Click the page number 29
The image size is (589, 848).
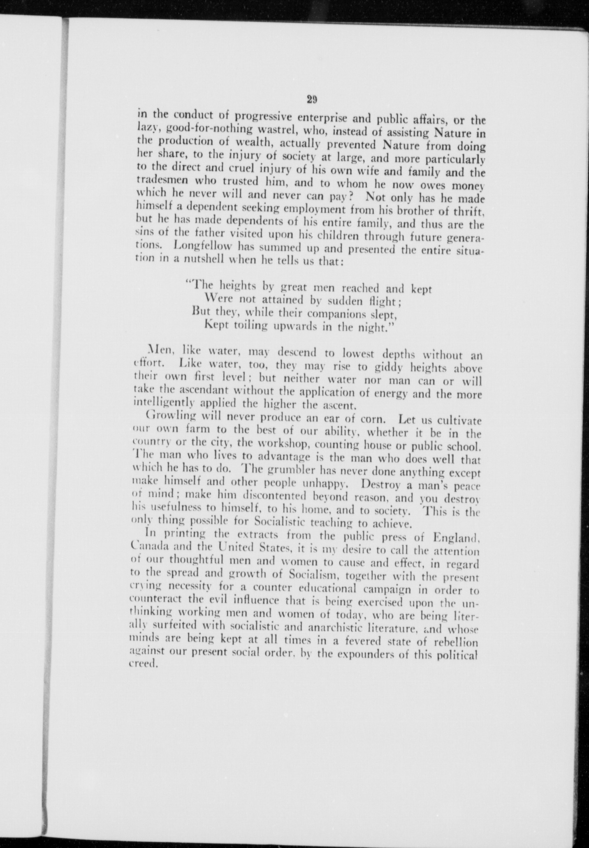coord(311,99)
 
